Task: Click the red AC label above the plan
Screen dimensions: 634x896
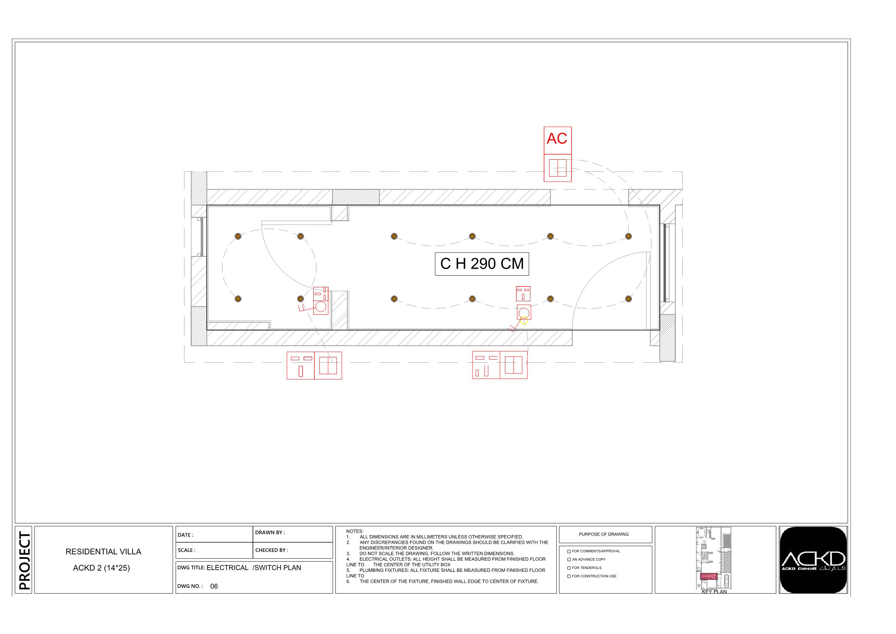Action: (557, 139)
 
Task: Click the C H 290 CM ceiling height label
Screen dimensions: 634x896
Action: (482, 264)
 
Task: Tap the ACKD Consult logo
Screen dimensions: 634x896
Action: (813, 560)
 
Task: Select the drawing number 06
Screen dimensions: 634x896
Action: (214, 586)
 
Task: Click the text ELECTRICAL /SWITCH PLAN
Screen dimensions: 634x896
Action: (254, 568)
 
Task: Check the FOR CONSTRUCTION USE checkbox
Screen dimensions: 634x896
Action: (569, 576)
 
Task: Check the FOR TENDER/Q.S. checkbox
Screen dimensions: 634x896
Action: (569, 568)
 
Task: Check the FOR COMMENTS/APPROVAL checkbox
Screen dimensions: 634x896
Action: (569, 552)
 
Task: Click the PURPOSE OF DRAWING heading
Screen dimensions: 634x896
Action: (604, 534)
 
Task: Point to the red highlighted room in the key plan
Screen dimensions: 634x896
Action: (709, 576)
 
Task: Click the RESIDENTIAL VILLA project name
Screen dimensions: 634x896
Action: (103, 552)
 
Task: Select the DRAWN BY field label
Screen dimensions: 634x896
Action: (270, 532)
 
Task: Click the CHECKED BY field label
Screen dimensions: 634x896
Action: (271, 550)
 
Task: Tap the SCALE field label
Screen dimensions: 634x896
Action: (186, 550)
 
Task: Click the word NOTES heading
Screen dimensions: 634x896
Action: (355, 531)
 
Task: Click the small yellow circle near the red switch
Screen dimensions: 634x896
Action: (524, 321)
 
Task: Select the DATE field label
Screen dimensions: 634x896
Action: (185, 535)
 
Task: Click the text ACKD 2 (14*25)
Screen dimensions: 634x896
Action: (101, 568)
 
